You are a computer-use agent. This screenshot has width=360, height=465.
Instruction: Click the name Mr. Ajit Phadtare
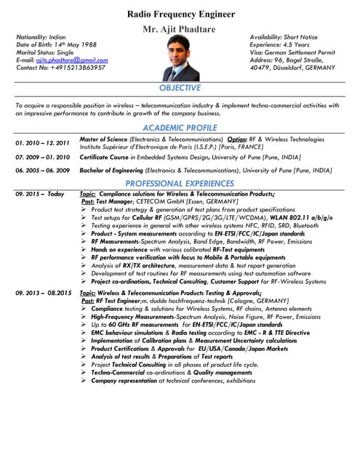point(179,28)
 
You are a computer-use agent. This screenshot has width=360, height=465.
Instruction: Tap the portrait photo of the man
point(180,58)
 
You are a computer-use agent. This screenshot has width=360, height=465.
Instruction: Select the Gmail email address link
point(71,60)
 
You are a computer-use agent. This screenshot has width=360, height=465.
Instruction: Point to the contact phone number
point(72,68)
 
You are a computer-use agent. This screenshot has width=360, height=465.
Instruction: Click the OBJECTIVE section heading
point(180,88)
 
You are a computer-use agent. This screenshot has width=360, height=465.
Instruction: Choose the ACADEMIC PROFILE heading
point(180,128)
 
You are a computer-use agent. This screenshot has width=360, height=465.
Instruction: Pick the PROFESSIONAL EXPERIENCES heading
point(180,184)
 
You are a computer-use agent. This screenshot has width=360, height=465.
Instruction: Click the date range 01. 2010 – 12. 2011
point(42,142)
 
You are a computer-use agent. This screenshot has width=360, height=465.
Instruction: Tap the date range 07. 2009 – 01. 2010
point(42,157)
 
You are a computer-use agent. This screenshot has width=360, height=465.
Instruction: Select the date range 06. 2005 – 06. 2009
point(42,171)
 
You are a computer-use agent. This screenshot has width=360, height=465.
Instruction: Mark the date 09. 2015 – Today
point(39,195)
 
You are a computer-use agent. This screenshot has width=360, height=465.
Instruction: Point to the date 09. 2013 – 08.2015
point(43,293)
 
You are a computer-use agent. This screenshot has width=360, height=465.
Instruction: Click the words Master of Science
point(103,139)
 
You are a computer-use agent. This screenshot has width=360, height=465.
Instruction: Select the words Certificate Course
point(104,156)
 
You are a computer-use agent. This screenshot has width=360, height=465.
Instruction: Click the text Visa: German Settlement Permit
point(292,52)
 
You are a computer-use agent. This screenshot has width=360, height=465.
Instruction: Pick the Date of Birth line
point(56,44)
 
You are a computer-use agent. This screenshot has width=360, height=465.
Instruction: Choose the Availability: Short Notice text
point(284,36)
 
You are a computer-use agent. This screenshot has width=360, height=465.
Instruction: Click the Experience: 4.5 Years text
point(280,44)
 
